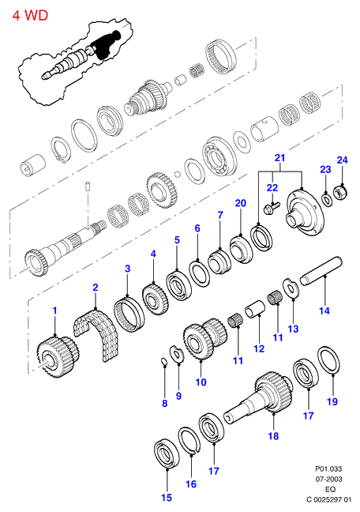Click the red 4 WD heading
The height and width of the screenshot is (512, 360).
click(30, 15)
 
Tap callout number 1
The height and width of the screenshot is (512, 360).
click(54, 311)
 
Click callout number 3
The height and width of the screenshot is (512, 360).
click(128, 269)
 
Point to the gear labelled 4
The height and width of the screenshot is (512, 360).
click(156, 299)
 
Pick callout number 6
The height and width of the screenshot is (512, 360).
click(197, 228)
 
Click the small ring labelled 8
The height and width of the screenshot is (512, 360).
click(165, 361)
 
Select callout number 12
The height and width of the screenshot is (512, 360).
click(259, 348)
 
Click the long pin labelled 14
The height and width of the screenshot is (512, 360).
click(321, 271)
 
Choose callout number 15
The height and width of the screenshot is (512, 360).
click(167, 497)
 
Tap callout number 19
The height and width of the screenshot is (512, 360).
click(332, 401)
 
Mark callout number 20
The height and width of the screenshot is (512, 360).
click(241, 203)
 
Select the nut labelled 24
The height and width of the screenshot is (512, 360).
click(340, 192)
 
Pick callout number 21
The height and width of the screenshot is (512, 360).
click(279, 157)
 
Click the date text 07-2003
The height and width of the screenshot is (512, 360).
click(328, 479)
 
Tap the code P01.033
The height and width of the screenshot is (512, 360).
click(328, 469)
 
